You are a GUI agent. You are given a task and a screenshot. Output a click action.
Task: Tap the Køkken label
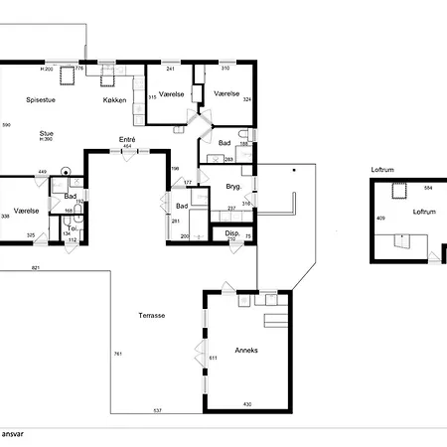pos(116,100)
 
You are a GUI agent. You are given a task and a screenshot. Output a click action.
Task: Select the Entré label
pos(127,139)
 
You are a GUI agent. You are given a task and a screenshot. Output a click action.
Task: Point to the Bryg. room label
pos(234,187)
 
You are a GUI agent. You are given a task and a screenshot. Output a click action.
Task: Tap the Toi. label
pos(71,227)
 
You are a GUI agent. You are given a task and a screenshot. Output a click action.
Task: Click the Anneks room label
pos(245,350)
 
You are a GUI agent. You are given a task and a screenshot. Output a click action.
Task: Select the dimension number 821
pos(36,268)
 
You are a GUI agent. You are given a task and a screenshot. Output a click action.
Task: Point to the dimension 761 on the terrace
pos(117,354)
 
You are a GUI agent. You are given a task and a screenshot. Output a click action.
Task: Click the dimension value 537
pos(156,409)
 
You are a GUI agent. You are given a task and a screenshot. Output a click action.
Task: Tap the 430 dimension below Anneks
pos(247,404)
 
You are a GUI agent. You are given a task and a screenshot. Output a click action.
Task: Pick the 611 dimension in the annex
pos(212,358)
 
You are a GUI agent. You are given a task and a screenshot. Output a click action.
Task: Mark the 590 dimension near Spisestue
pos(6,124)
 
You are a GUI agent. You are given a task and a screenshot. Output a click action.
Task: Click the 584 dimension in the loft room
pos(428,188)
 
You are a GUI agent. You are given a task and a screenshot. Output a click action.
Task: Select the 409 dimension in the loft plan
pos(379,219)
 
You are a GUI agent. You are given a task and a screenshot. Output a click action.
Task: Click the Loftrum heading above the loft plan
pos(383,171)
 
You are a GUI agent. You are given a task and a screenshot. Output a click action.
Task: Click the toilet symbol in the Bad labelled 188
pos(254,135)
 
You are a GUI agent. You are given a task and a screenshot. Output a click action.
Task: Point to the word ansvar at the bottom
pos(12,434)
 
